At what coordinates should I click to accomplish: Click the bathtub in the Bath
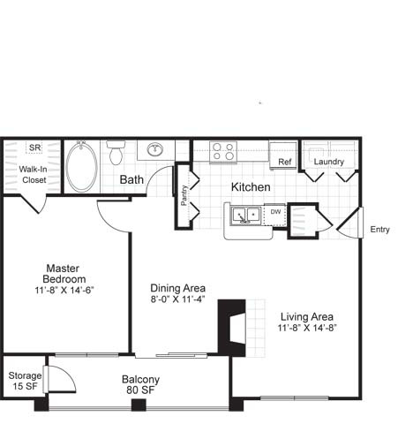coord(81,167)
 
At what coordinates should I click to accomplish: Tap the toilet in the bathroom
coord(116,152)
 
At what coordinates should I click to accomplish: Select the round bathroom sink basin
coord(155,149)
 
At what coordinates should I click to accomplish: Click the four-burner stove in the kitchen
coord(223,151)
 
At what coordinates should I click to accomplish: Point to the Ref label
coord(285,162)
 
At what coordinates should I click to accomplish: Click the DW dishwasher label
coord(275,211)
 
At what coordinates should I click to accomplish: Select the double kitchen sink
coord(245,216)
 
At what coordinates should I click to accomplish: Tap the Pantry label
coord(184,195)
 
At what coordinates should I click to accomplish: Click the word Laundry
coord(328,162)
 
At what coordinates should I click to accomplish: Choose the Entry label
coord(379,230)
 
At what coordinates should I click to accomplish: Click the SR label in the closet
coord(35,148)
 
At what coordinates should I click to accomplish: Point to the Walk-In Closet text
coord(33,174)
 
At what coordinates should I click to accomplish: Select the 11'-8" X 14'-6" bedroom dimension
coord(64,291)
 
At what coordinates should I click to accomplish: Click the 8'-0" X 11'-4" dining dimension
coord(177,299)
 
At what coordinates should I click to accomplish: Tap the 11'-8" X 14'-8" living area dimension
coord(307,328)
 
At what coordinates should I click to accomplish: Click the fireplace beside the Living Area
coord(232,328)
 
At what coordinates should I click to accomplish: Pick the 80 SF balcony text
coord(140,390)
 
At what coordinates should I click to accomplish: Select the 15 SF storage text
coord(25,386)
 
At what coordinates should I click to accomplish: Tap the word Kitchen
coord(251,187)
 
